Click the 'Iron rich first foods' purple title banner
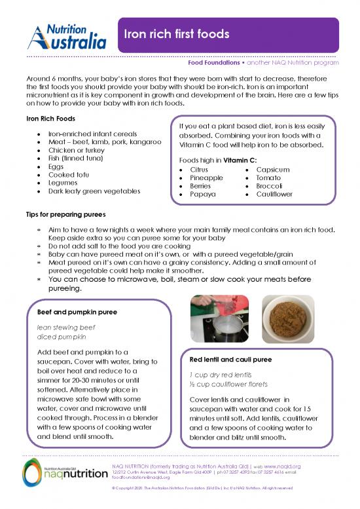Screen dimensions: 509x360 pos(226,34)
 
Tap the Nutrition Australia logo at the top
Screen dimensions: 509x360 pos(66,35)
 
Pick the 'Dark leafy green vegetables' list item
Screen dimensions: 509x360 pos(94,191)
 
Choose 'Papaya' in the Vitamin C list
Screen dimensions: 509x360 pos(203,195)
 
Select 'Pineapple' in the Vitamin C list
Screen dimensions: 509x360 pos(206,178)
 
